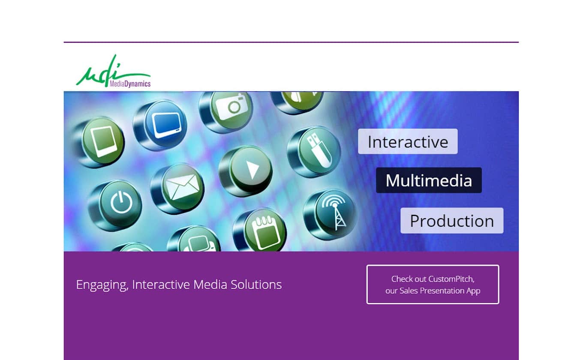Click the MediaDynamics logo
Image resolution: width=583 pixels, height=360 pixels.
click(x=113, y=71)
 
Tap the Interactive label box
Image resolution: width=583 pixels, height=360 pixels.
click(x=408, y=141)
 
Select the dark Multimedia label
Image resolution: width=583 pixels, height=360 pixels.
click(x=429, y=180)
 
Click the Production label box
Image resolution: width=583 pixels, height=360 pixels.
click(x=452, y=221)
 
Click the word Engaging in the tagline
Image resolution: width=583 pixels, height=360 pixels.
click(x=102, y=285)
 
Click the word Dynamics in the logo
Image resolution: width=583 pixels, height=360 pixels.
click(x=138, y=84)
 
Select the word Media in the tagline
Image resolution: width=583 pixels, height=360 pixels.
click(x=210, y=284)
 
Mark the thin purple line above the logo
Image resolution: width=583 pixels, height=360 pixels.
click(x=291, y=42)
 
